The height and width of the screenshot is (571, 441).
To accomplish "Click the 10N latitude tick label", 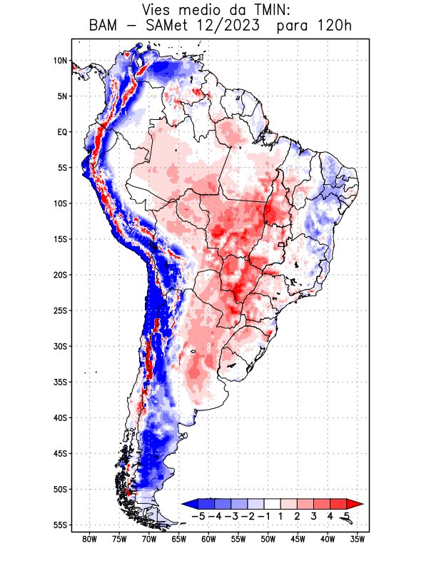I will [x=59, y=61].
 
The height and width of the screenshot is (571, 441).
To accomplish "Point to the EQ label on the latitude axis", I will [x=61, y=132].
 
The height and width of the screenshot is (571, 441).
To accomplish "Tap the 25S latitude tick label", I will [x=59, y=310].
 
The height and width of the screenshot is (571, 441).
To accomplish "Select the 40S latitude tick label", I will [x=59, y=418].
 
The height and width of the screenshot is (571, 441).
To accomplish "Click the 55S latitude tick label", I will [x=59, y=525].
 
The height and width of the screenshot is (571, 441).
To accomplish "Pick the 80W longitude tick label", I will [x=89, y=539].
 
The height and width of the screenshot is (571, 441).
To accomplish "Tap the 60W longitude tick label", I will [x=208, y=539].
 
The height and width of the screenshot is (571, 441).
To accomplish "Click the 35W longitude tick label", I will [x=358, y=539].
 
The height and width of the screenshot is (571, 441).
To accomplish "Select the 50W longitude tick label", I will [x=268, y=539].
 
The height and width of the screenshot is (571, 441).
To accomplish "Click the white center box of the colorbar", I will [x=268, y=504].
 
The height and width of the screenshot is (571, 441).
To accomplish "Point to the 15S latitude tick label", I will [x=59, y=239].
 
